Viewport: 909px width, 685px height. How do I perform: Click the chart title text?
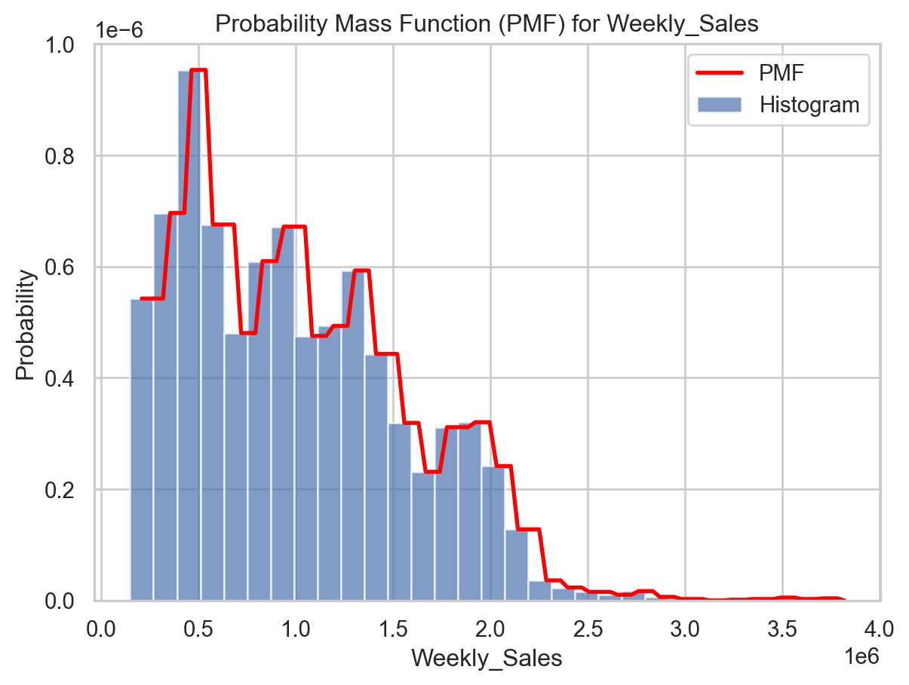[486, 24]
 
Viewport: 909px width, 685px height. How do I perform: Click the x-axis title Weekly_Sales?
[486, 658]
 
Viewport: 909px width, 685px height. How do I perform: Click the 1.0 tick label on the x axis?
[296, 627]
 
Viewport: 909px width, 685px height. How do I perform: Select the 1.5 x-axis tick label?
[393, 627]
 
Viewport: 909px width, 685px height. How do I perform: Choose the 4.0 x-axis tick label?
[879, 627]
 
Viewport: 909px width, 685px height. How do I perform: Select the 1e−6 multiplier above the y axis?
[119, 30]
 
